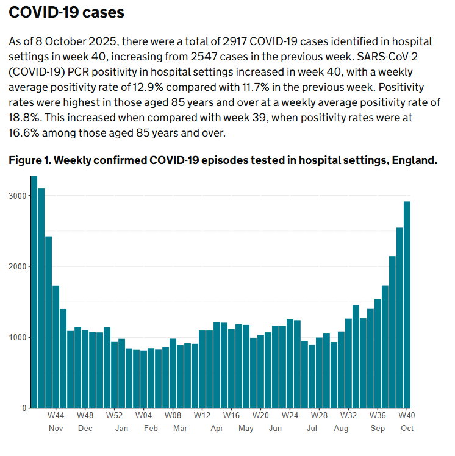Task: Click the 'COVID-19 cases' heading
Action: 66,12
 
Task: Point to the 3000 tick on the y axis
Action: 17,196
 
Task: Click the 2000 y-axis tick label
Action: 17,266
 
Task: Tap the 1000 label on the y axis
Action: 17,337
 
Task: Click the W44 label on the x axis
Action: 56,415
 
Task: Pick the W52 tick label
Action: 114,415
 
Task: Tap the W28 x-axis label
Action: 319,415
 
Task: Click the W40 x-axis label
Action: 407,415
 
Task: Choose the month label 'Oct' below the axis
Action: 407,429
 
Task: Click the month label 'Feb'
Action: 151,429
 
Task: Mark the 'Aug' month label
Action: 341,429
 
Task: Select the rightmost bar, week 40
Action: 407,305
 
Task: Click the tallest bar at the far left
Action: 34,293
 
